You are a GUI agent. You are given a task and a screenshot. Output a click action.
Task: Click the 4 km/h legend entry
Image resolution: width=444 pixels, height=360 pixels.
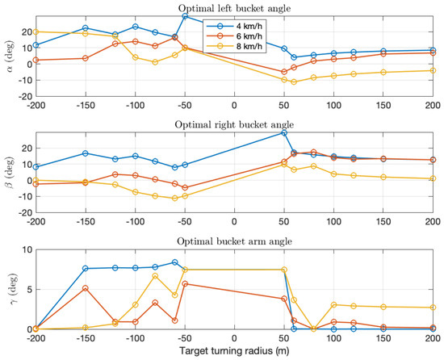point(234,26)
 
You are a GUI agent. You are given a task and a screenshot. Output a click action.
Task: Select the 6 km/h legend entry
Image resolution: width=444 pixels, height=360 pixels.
point(234,36)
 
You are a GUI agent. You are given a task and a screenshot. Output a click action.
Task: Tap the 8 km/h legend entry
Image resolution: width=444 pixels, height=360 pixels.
point(234,46)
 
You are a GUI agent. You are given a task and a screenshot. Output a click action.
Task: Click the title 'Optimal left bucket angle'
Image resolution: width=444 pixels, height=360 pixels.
point(234,8)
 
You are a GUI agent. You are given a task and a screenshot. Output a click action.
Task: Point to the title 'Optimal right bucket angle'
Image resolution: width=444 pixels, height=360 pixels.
point(234,124)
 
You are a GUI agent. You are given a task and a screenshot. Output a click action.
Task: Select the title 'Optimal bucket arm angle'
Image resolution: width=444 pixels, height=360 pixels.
point(234,241)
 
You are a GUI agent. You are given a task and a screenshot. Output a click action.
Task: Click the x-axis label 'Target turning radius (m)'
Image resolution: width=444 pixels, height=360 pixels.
point(234,350)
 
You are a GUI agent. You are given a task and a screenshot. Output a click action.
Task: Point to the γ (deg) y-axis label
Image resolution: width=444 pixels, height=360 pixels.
point(14,290)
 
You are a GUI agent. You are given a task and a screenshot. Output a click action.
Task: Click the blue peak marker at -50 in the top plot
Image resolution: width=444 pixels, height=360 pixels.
point(185,16)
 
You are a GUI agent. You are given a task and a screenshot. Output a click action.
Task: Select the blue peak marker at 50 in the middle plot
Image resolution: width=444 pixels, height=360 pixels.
point(284,132)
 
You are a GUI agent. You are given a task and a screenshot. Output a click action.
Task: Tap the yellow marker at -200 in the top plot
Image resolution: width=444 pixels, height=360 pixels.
point(36,32)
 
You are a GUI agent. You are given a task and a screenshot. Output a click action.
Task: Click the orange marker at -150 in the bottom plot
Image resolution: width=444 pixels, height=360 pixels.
point(86,288)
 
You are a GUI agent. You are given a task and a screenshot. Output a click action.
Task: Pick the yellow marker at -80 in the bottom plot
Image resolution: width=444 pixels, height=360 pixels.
point(155,276)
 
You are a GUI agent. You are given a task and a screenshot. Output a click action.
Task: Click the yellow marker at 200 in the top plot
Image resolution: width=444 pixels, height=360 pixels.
point(433,70)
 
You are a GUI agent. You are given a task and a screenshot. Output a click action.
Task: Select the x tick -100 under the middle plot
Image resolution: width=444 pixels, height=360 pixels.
point(135,222)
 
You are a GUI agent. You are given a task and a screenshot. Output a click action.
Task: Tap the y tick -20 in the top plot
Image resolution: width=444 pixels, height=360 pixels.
point(26,97)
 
